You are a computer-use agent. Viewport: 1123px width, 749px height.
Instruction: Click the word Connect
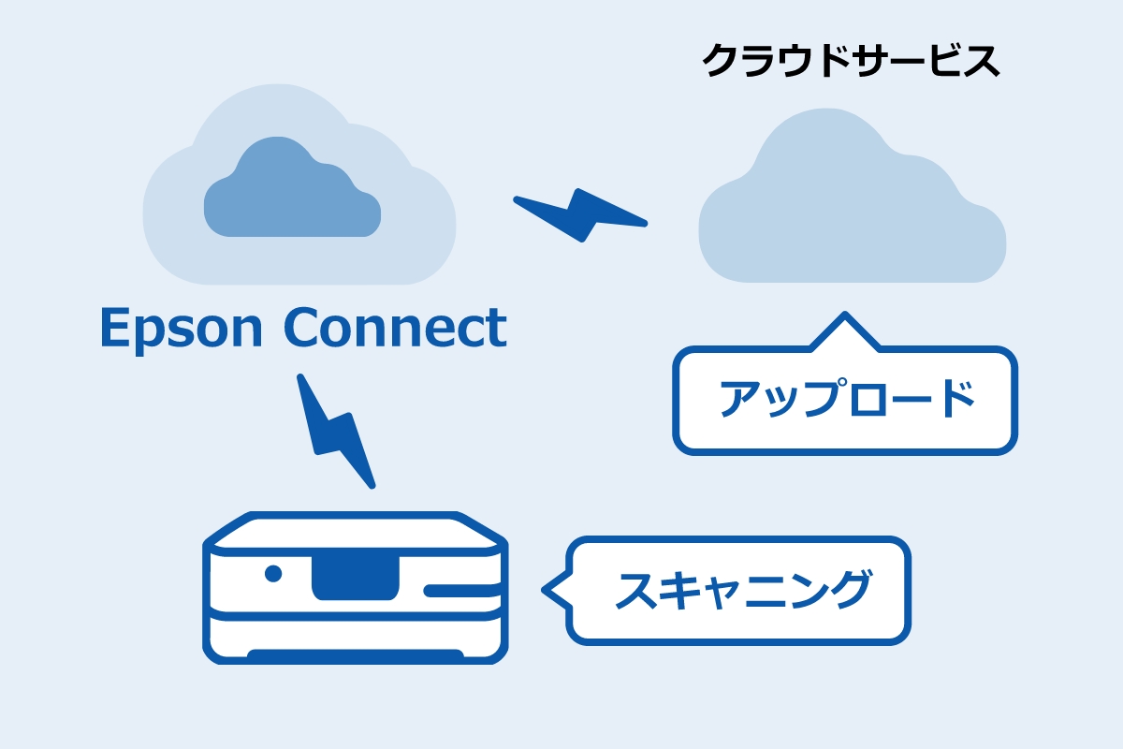pyautogui.click(x=395, y=327)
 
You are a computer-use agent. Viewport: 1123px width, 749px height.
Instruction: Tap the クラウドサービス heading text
pyautogui.click(x=850, y=62)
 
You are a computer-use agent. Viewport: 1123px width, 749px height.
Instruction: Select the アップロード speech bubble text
pyautogui.click(x=846, y=400)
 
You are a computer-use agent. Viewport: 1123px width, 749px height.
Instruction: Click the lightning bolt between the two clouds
pyautogui.click(x=581, y=214)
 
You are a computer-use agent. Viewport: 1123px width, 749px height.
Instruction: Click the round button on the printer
pyautogui.click(x=273, y=573)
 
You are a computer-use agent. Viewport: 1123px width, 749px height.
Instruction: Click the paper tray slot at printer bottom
pyautogui.click(x=355, y=654)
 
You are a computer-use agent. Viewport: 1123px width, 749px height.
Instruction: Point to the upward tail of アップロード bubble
pyautogui.click(x=845, y=331)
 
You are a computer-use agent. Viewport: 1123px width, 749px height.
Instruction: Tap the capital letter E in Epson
pyautogui.click(x=115, y=329)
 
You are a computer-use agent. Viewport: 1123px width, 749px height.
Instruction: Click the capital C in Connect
pyautogui.click(x=302, y=327)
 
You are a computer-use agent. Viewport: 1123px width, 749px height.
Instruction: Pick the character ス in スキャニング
pyautogui.click(x=636, y=590)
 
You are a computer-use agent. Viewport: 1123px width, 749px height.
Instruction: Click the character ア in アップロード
pyautogui.click(x=739, y=400)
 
